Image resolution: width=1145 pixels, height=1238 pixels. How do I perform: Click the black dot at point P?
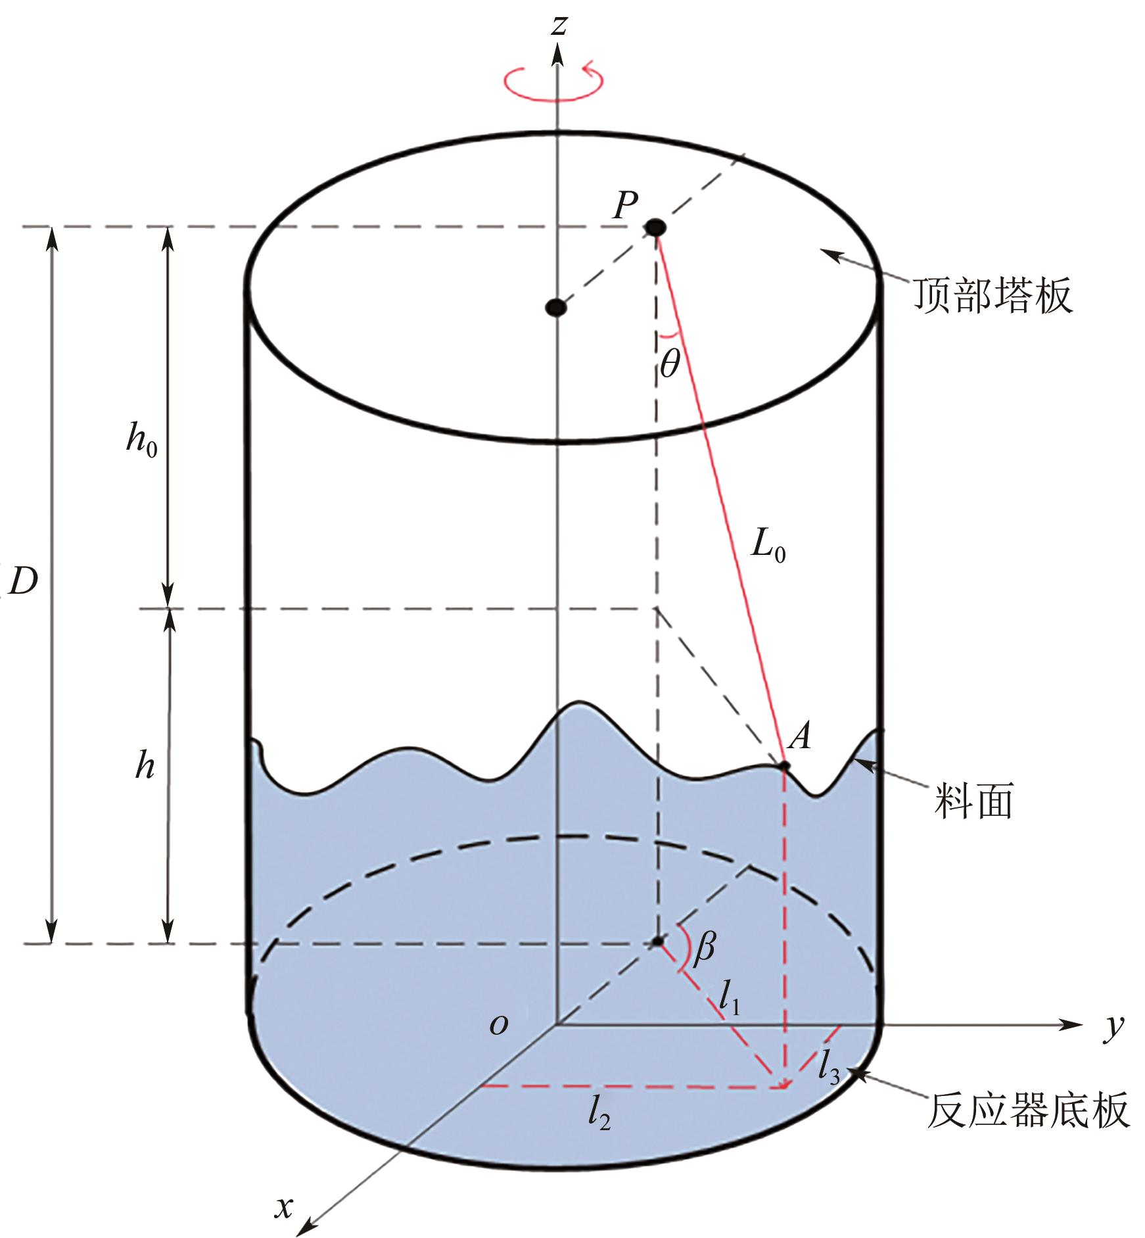(655, 228)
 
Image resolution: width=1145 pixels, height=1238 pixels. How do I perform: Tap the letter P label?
(625, 205)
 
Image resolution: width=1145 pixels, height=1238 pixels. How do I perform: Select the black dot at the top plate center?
(556, 307)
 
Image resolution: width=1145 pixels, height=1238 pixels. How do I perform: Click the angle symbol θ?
(669, 363)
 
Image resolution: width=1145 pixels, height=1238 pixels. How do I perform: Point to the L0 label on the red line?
(768, 546)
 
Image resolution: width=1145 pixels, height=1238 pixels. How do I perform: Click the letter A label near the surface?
(800, 736)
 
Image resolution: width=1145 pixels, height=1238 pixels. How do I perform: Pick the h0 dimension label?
(141, 439)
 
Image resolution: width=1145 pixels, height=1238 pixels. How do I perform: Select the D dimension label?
(24, 581)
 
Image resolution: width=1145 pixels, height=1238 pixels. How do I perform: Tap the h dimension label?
(145, 765)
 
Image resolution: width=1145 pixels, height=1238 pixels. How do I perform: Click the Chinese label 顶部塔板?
(992, 295)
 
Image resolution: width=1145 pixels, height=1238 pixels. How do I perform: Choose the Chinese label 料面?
(973, 800)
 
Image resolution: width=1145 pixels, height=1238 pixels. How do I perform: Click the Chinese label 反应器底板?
(1029, 1110)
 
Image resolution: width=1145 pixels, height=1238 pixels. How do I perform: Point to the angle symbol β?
(704, 947)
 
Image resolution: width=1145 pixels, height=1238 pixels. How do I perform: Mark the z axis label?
(559, 25)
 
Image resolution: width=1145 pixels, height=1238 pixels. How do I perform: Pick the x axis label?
(284, 1206)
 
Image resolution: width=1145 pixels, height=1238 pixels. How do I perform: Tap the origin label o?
(499, 1024)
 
